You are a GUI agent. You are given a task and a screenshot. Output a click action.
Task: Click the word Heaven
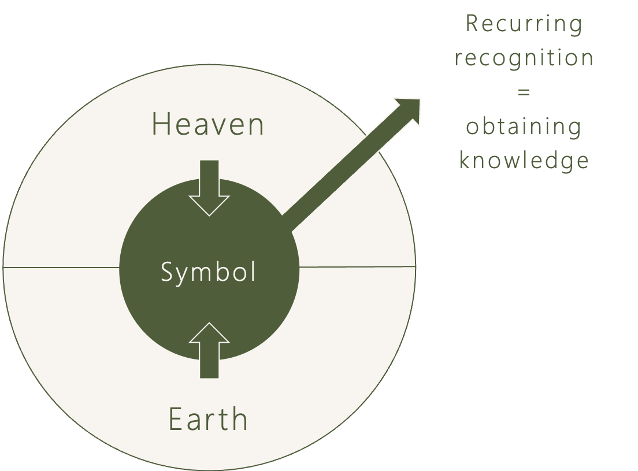207,124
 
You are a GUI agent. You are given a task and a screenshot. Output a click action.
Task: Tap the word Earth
208,419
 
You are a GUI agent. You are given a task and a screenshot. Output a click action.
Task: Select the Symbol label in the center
208,272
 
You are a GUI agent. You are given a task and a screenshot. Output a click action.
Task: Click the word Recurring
524,25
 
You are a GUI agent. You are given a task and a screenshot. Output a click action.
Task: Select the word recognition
524,58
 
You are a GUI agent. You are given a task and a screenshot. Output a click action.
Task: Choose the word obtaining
524,127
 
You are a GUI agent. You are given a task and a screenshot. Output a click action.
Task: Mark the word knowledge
524,161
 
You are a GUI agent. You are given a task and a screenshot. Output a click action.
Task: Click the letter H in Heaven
161,124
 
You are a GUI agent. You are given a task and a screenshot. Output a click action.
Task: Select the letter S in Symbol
166,272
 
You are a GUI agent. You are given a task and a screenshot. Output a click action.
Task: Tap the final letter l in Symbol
253,270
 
